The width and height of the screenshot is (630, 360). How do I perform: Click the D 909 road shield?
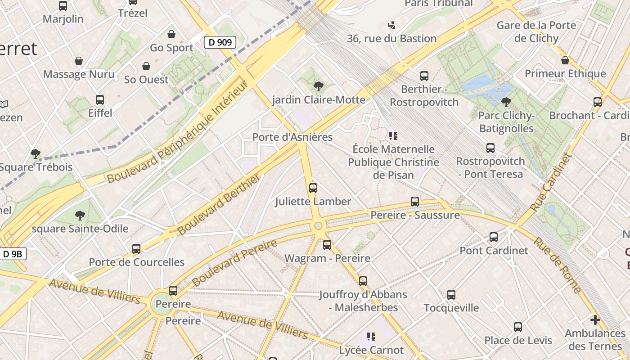(220, 43)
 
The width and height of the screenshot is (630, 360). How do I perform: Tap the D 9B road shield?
(12, 254)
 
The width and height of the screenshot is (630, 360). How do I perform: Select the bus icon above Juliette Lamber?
(313, 188)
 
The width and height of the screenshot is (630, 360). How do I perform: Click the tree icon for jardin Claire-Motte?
(319, 86)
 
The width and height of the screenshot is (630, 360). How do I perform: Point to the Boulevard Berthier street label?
(219, 205)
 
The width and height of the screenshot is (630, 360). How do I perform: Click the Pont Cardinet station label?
(494, 251)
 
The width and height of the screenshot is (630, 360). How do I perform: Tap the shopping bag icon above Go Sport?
(171, 34)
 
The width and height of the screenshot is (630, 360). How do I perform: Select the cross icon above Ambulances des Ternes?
(595, 320)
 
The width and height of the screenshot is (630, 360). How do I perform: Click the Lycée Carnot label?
(371, 350)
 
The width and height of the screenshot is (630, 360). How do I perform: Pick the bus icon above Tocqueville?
(451, 295)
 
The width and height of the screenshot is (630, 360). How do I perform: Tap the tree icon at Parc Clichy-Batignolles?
(506, 102)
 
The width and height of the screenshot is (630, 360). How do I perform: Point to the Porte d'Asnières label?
(292, 137)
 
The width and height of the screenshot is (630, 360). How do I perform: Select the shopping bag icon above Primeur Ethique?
(565, 60)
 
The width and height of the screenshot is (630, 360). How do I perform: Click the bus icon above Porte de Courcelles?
(136, 248)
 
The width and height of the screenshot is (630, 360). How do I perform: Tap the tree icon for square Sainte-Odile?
(80, 215)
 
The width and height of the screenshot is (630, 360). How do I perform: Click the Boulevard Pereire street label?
(234, 263)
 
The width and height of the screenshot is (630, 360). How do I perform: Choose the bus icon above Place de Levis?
(518, 327)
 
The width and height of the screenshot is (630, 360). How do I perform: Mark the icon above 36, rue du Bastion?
(392, 25)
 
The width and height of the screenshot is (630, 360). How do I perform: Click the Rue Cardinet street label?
(550, 182)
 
